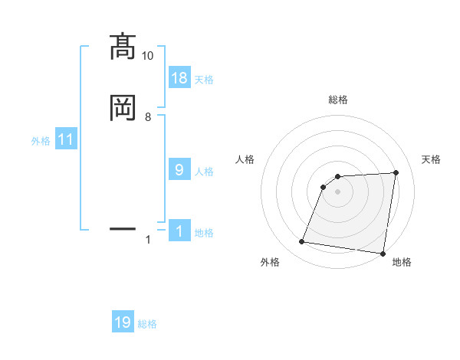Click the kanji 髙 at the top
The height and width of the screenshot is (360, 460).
point(123,47)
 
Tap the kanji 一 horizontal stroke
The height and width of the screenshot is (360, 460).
point(123,228)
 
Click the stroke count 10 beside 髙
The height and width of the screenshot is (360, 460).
point(148,56)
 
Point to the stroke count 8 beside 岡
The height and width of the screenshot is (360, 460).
point(148,117)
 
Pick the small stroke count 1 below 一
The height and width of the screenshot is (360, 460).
point(148,240)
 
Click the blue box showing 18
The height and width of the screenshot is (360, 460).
point(179,77)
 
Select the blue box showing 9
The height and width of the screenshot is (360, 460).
point(179,170)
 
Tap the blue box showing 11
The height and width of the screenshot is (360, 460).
point(66,139)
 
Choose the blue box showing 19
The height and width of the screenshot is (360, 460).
point(123,322)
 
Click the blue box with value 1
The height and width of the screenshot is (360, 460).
point(179,231)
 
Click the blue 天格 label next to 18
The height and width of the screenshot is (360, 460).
point(205,80)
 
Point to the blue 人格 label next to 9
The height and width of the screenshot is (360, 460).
point(205,172)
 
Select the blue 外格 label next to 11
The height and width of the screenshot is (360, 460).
point(41,141)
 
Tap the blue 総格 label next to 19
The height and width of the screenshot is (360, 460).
point(147,324)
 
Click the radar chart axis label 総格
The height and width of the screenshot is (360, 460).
point(338,100)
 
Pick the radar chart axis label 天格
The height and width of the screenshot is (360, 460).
point(432,159)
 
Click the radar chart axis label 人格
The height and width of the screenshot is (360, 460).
point(245,159)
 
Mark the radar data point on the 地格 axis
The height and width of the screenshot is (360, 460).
point(383,254)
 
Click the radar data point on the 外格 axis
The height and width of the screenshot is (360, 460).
point(302,242)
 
